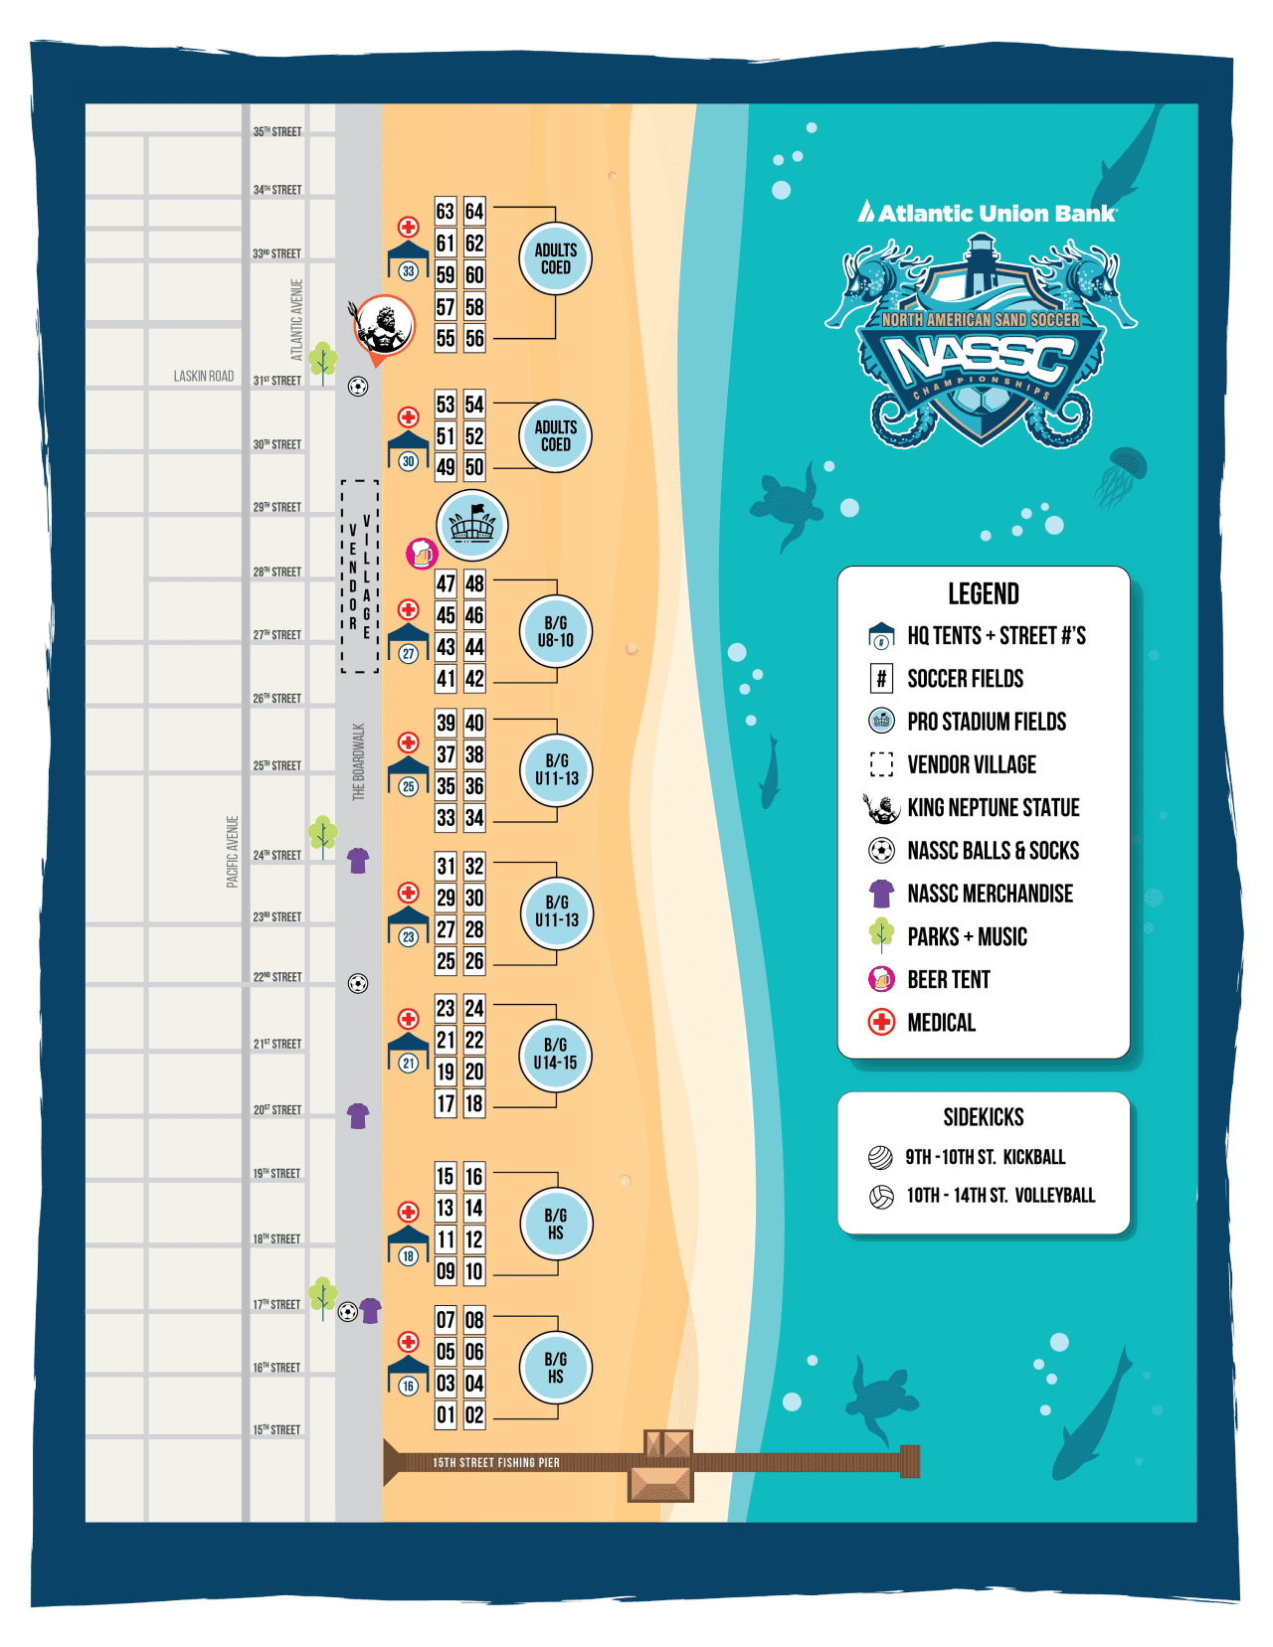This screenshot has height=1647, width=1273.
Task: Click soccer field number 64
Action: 474,212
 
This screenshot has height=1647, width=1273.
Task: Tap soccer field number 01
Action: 446,1414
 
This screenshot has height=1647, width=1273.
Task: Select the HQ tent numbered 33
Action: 408,262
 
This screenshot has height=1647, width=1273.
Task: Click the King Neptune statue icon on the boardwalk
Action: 384,323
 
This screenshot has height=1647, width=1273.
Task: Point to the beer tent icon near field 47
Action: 422,554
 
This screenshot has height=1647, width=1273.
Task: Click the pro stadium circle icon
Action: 472,525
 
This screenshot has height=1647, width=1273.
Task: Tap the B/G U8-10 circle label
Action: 556,631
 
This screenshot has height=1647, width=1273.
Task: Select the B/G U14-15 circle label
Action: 555,1055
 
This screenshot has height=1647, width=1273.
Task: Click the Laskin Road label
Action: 204,376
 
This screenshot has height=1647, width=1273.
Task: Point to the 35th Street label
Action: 276,131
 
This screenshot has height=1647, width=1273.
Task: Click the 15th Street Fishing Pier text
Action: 495,1462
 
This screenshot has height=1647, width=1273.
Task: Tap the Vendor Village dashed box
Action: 359,576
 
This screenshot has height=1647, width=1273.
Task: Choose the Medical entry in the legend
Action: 941,1022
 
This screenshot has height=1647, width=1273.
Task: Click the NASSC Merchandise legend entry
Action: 990,894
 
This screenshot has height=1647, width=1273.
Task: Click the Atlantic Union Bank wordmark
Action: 988,213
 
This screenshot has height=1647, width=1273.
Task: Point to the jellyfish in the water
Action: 1124,473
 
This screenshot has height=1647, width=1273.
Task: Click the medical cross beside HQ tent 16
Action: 408,1342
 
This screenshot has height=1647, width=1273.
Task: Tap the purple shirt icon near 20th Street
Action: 358,1115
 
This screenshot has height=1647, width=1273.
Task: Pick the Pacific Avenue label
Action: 233,852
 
